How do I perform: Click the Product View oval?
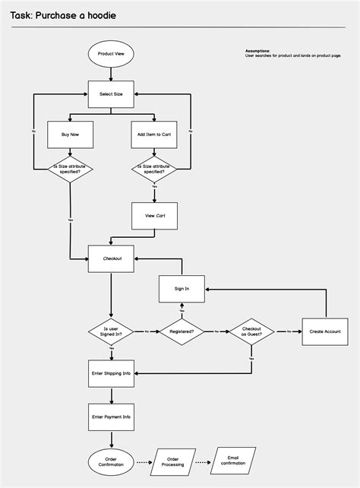click(x=111, y=53)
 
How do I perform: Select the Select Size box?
click(x=111, y=94)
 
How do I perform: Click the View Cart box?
click(x=154, y=216)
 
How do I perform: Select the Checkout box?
click(x=111, y=258)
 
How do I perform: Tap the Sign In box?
click(x=182, y=289)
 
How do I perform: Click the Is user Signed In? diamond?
click(x=111, y=331)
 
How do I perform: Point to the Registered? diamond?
click(x=182, y=331)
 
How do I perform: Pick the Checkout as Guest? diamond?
click(x=251, y=331)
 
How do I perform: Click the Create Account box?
click(x=326, y=331)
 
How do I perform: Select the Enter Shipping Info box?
click(x=111, y=373)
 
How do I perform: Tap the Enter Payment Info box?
click(x=111, y=417)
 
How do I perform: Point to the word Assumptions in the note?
click(x=257, y=51)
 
